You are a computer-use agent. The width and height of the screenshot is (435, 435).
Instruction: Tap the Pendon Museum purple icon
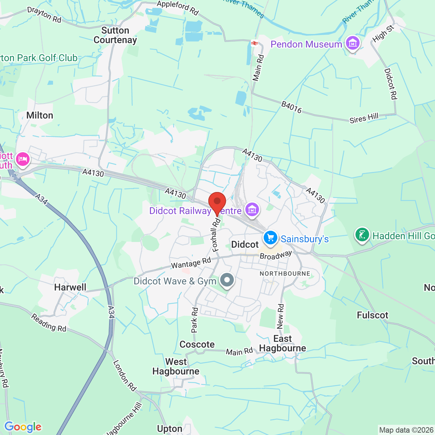coord(352,43)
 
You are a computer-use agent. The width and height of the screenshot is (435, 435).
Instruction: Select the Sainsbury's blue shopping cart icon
coord(271,238)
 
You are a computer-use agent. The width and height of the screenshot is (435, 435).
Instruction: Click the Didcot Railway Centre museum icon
coord(252,209)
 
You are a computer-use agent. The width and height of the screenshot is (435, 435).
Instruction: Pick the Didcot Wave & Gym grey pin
coord(227,280)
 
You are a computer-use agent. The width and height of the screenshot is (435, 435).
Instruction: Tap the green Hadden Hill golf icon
coord(362,234)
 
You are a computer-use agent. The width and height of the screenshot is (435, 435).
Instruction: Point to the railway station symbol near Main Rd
coord(255,43)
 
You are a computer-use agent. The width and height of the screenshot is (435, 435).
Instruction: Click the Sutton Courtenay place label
coord(115,35)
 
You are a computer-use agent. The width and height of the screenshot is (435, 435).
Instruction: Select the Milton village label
coord(40,116)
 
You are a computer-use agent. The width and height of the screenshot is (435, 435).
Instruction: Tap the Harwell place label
coord(70,288)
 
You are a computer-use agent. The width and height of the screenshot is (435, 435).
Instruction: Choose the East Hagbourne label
coord(282,344)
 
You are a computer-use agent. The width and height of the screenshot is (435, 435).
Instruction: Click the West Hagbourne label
coord(176,367)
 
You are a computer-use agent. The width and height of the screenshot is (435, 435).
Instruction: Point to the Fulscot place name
coord(372,315)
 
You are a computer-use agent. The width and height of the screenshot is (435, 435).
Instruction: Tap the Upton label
coord(170,429)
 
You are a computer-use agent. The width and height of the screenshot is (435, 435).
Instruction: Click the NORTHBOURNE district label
coord(285,274)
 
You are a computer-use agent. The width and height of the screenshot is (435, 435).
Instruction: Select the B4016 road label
coord(291,107)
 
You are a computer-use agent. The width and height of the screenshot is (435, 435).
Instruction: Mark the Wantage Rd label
coord(191,263)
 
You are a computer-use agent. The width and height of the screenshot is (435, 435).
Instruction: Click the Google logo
coord(23,427)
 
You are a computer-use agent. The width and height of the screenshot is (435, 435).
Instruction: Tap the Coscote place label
coord(197,345)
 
